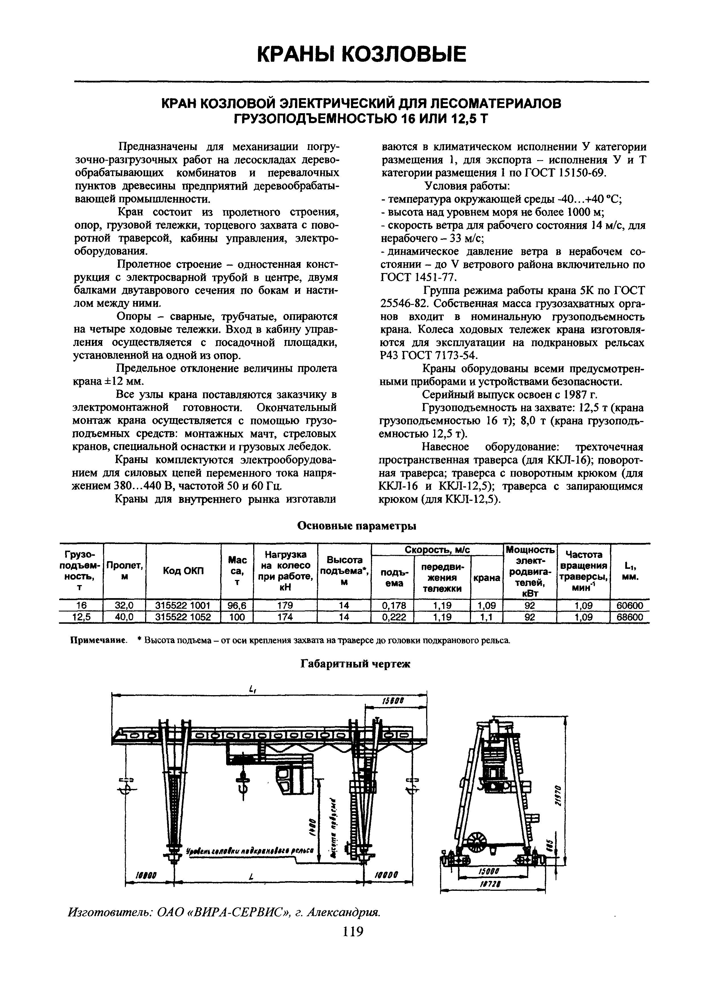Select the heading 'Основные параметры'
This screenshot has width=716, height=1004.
tap(357, 526)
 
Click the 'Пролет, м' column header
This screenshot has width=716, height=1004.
tap(124, 571)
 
